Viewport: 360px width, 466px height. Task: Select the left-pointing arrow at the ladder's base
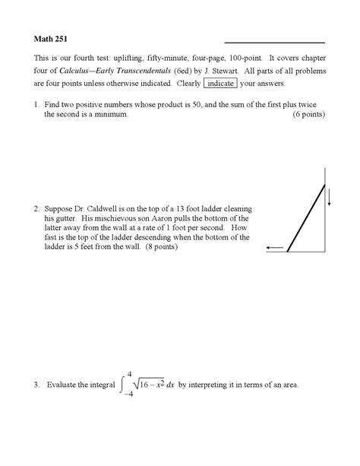pyautogui.click(x=275, y=248)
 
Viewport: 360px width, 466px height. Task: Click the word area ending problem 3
pyautogui.click(x=289, y=385)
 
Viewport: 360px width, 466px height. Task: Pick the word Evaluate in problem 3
pyautogui.click(x=64, y=385)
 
